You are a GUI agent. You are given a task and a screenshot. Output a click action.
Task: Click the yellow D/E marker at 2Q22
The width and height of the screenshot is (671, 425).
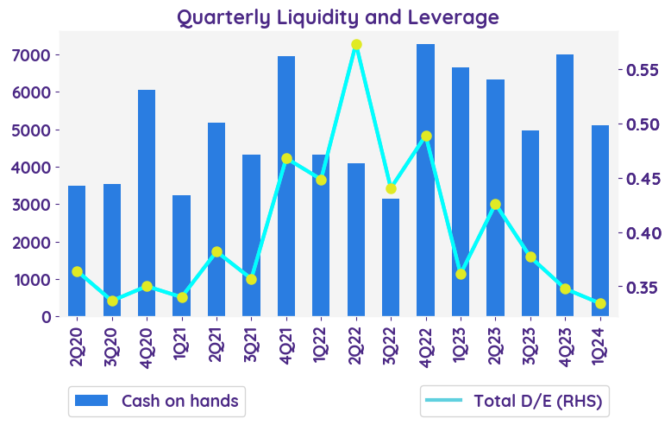(x=356, y=45)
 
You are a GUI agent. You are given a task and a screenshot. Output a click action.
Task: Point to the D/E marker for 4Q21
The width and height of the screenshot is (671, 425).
(x=286, y=159)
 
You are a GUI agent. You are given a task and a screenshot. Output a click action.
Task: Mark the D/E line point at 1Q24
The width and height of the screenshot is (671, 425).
(x=600, y=303)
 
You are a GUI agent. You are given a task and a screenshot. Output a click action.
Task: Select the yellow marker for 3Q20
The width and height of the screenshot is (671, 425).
(x=112, y=301)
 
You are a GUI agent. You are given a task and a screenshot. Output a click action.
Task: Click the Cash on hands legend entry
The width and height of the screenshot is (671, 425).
(x=156, y=401)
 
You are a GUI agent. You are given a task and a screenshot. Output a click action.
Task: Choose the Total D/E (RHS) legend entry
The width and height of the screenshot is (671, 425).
(x=514, y=401)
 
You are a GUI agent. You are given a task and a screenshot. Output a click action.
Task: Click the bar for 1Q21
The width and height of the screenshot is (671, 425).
(x=181, y=256)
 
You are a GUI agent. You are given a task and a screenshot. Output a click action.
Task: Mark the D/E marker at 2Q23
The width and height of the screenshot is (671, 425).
(x=495, y=205)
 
